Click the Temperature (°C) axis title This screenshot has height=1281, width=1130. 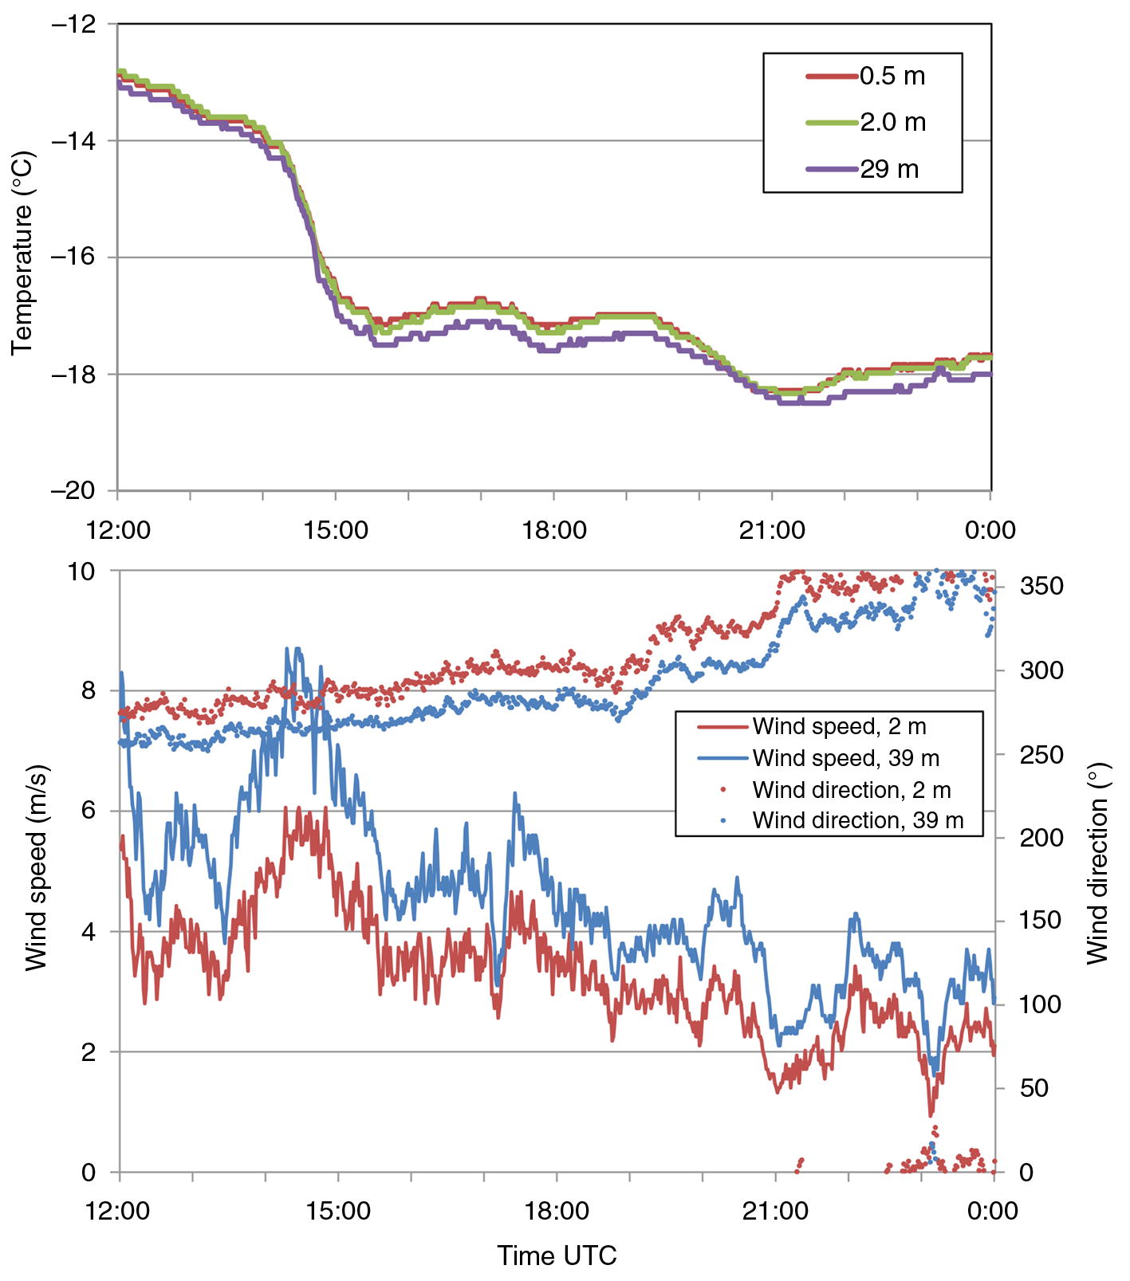pos(22,253)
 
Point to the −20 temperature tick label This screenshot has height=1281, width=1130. pos(73,490)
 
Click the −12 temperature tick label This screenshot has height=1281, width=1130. pos(73,25)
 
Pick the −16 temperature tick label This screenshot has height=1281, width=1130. pos(73,257)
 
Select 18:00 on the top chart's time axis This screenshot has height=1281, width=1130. pos(554,530)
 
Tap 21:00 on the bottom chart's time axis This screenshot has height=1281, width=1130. pos(775,1212)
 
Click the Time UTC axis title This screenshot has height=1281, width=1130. pos(557,1256)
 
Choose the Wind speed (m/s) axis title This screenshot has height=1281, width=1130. pos(36,868)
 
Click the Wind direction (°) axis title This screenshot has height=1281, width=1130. pos(1098,863)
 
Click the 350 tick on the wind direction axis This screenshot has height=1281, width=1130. pos(1041,587)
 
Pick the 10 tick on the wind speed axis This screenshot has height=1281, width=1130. pos(81,572)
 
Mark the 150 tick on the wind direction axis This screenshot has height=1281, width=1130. pos(1041,921)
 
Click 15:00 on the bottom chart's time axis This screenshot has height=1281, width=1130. pos(338,1212)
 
